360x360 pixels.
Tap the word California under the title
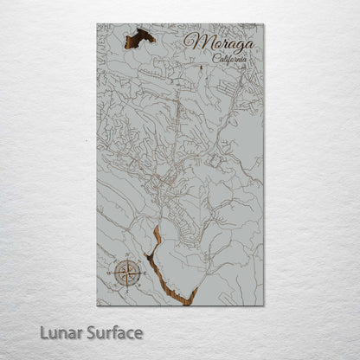coord(228,59)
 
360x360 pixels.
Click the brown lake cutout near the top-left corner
coord(139,37)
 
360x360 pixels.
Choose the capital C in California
coord(213,58)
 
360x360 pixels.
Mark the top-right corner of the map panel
coord(264,24)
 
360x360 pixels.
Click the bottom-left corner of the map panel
coord(97,305)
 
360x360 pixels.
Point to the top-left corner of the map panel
coord(97,24)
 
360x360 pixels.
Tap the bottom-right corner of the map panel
coord(264,305)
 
